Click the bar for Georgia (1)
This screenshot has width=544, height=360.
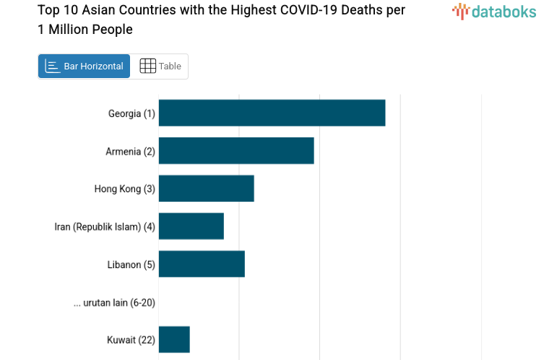272,113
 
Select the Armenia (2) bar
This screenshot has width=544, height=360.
236,150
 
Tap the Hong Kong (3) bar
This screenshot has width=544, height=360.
206,189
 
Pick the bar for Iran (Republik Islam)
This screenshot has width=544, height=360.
191,226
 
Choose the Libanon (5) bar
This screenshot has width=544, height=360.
202,264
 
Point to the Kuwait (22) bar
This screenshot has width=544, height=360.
174,339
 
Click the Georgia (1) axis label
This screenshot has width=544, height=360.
131,113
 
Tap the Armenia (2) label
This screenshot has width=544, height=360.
130,151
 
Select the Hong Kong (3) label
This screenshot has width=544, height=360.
124,189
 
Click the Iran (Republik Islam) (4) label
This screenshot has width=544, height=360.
105,226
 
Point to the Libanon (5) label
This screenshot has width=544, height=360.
131,265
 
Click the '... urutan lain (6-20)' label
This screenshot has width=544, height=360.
114,302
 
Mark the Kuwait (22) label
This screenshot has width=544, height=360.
131,340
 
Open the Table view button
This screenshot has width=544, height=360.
160,66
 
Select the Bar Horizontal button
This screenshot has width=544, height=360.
84,66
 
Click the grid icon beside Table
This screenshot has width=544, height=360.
147,66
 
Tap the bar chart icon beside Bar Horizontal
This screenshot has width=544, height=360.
52,66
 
